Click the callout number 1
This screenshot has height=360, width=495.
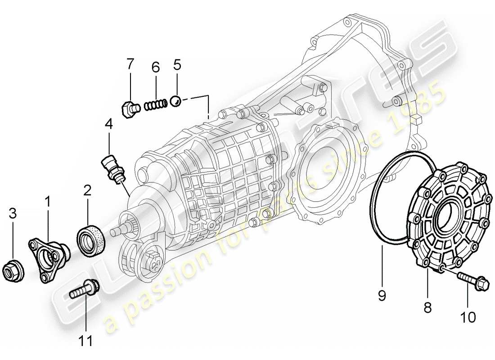[x=47, y=202]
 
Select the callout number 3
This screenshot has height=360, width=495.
[x=13, y=213]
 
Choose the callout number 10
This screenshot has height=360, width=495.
[x=468, y=317]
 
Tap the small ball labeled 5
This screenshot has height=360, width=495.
[x=176, y=101]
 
